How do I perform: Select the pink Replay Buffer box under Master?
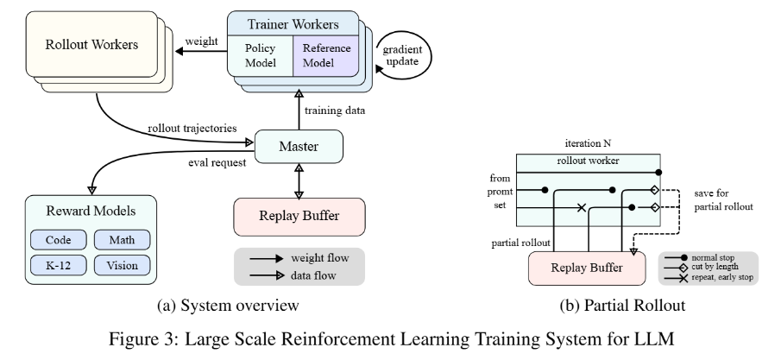coord(299,215)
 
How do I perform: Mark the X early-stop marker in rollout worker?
coord(581,207)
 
